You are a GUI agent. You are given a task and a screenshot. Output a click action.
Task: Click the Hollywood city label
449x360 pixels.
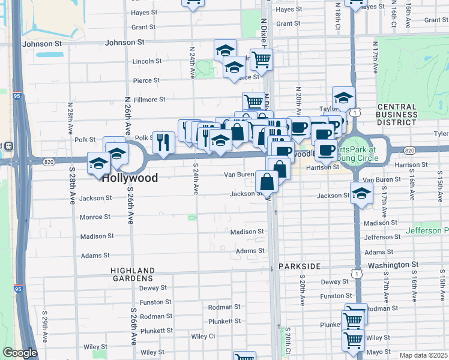click(x=130, y=178)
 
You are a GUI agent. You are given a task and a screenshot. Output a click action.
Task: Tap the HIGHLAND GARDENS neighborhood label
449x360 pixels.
click(x=133, y=275)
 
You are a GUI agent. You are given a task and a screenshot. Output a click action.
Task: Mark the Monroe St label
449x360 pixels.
click(x=95, y=217)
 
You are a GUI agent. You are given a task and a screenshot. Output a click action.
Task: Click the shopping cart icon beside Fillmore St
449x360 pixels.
click(x=253, y=101)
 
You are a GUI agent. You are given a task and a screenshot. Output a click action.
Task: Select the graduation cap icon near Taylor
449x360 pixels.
click(x=343, y=97)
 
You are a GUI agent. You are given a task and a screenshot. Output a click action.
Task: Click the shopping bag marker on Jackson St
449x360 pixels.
click(x=267, y=181)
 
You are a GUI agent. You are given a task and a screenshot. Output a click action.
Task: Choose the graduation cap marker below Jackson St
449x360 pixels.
click(x=361, y=193)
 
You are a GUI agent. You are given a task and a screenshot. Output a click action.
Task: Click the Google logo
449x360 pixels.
click(x=20, y=353)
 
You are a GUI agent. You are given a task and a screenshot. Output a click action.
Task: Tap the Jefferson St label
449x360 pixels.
click(x=382, y=238)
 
